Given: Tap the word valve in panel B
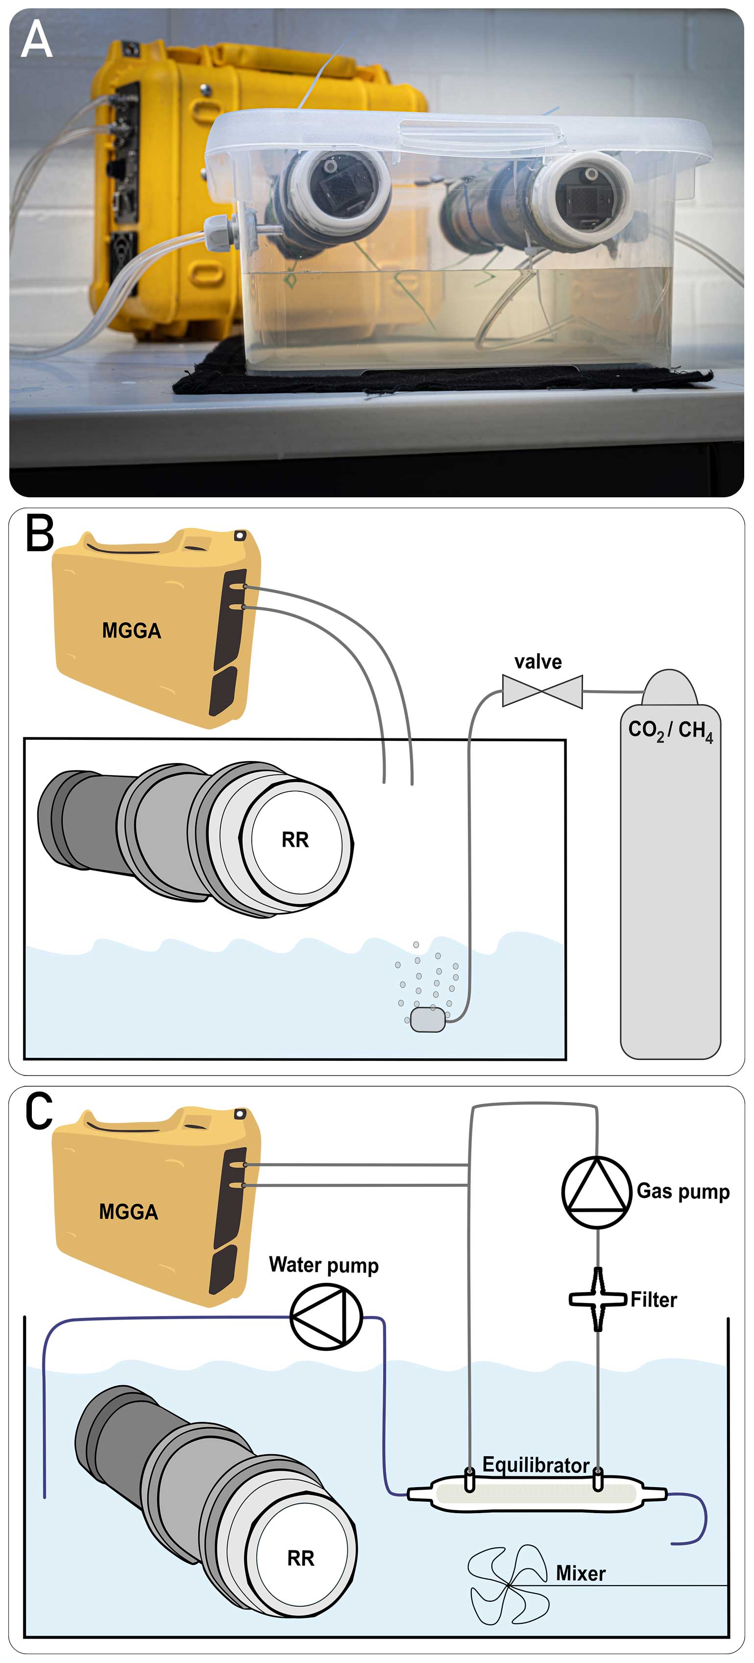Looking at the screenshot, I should (x=538, y=661).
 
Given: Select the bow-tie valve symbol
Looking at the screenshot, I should (x=542, y=691).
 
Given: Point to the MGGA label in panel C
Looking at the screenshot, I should (x=128, y=1212).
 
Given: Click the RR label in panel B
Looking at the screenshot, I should (x=295, y=840).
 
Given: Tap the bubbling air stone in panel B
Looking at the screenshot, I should (x=427, y=1019).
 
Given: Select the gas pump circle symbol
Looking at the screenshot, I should (x=596, y=1192).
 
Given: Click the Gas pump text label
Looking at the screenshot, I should (x=683, y=1191).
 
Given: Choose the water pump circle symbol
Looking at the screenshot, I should (x=326, y=1316).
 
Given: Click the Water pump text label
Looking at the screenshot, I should (x=323, y=1265).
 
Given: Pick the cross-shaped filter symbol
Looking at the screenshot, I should (x=598, y=1299).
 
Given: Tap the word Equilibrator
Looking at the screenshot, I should (x=536, y=1465).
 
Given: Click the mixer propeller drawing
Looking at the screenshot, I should (x=509, y=1585).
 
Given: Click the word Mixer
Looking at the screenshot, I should (x=581, y=1573).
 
